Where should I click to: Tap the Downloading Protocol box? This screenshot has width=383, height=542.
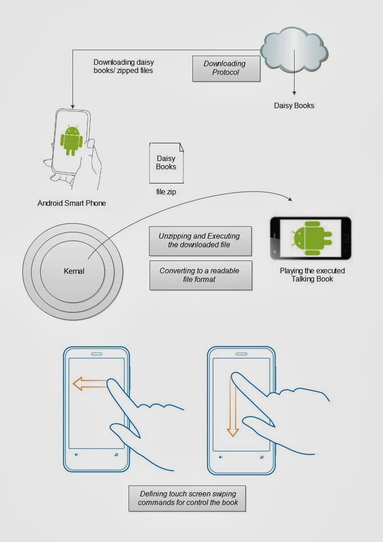click(x=226, y=68)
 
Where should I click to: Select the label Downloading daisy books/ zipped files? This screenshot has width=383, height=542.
click(x=123, y=66)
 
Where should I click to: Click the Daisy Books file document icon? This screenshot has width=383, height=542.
click(x=166, y=163)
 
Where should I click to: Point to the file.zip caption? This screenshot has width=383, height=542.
click(x=166, y=192)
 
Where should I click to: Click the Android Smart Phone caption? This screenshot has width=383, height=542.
click(x=72, y=203)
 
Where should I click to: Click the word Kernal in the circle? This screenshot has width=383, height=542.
click(x=74, y=271)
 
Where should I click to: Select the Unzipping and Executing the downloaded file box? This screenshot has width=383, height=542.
click(x=200, y=241)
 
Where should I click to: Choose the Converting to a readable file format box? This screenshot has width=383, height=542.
click(x=201, y=275)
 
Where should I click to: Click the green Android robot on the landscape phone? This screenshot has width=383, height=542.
click(x=312, y=238)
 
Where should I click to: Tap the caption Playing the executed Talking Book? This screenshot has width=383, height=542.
click(x=312, y=275)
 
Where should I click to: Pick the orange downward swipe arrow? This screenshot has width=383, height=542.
click(x=233, y=406)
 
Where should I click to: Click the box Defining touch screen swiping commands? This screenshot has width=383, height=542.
click(x=187, y=499)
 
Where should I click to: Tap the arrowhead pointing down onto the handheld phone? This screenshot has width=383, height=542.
click(x=72, y=106)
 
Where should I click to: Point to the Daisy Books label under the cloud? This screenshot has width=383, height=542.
click(x=294, y=106)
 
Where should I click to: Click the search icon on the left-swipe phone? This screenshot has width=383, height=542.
click(x=116, y=454)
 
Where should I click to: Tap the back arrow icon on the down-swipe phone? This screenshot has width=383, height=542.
click(x=221, y=457)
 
